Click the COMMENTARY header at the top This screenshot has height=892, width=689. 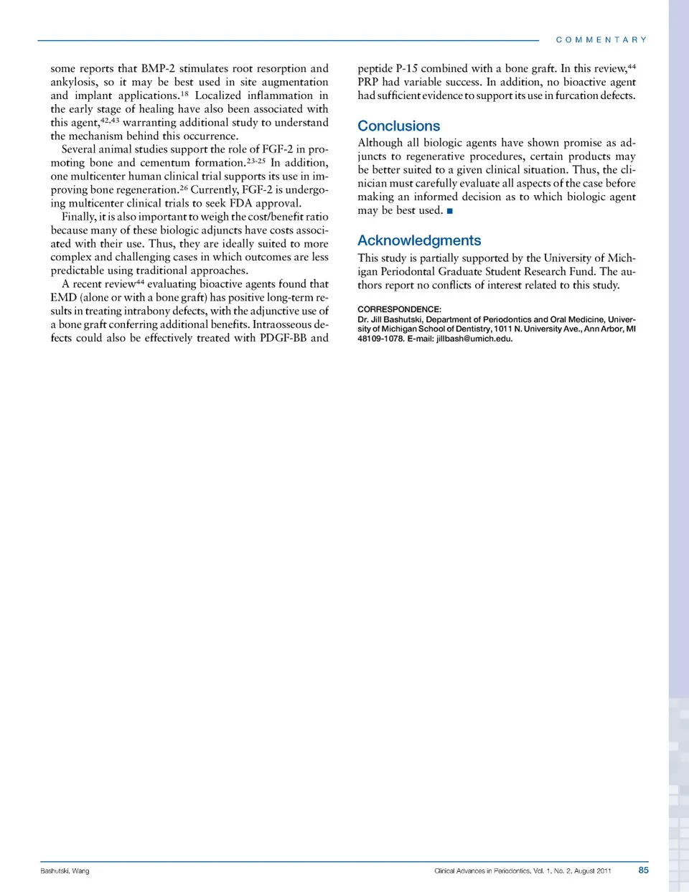(x=601, y=40)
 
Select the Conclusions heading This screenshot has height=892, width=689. (x=398, y=126)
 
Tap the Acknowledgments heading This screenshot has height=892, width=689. (x=419, y=241)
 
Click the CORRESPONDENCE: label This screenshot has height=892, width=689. (x=399, y=309)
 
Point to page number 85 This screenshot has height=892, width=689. (x=643, y=870)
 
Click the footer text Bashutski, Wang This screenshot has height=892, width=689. (x=65, y=870)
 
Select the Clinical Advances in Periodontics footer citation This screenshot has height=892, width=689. (x=522, y=870)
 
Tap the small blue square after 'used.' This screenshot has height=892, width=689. (x=450, y=211)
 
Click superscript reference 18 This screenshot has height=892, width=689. (x=184, y=93)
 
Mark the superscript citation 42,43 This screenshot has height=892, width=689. (x=110, y=121)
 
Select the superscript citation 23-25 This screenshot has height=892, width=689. (x=256, y=161)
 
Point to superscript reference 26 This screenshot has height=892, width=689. (x=183, y=188)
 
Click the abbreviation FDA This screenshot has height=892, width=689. (x=240, y=203)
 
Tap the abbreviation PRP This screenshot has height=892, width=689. (x=367, y=83)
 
